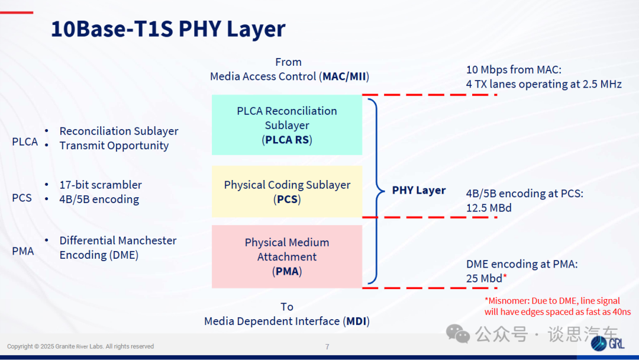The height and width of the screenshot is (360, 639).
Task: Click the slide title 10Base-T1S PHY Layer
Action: coord(168,28)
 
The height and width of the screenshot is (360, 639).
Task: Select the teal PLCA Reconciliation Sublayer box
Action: coord(287,125)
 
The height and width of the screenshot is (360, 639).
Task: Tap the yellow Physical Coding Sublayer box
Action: coord(287,191)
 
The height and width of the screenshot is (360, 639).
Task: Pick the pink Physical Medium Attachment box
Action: coord(287,256)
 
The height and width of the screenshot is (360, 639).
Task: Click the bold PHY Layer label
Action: coord(418,191)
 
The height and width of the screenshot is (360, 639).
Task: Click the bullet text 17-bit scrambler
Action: coord(101,185)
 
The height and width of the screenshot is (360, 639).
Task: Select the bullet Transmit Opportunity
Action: coord(114,146)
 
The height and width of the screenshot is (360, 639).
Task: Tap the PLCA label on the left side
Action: coord(25,142)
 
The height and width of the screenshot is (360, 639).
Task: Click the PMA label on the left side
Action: coord(23,251)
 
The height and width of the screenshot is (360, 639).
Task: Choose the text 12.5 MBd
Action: coord(489,208)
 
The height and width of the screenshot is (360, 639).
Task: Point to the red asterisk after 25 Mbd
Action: coord(505,277)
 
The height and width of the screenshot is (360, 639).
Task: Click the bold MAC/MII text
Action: coord(344,76)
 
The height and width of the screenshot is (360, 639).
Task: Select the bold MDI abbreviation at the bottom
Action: coord(356,322)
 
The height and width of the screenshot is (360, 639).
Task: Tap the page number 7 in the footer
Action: coord(327,346)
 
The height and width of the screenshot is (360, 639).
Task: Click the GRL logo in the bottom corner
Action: coord(608,343)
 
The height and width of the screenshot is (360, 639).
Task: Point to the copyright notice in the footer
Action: coord(80,346)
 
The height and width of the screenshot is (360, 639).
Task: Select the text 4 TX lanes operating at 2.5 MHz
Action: coord(544,84)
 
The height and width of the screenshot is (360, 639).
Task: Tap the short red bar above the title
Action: coord(17,12)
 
